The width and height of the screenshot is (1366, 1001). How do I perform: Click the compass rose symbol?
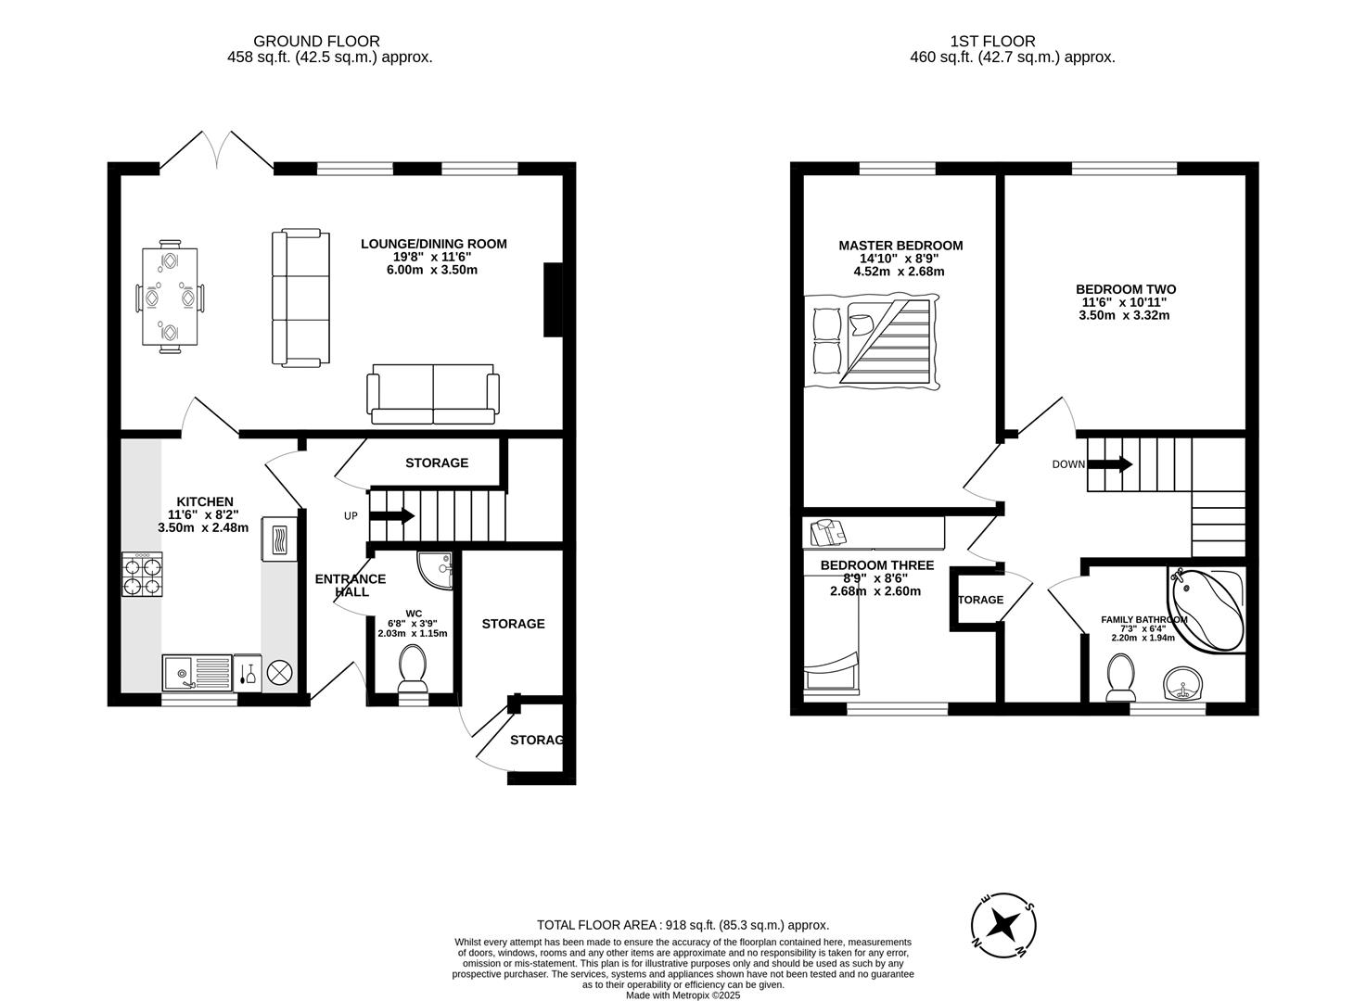[1002, 925]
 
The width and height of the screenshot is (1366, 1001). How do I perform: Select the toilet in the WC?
[412, 668]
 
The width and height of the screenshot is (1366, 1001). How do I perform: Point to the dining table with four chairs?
[171, 298]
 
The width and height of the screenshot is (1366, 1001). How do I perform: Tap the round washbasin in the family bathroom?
[1183, 685]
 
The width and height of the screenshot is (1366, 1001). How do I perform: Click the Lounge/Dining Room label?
[433, 245]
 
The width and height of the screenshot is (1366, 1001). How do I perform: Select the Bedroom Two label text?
[1125, 289]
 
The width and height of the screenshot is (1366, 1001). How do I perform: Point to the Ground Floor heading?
[316, 41]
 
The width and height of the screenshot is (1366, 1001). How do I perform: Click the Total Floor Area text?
[683, 924]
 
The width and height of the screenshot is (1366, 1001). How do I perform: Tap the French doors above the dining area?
[219, 150]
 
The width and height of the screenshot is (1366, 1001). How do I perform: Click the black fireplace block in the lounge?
[553, 299]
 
